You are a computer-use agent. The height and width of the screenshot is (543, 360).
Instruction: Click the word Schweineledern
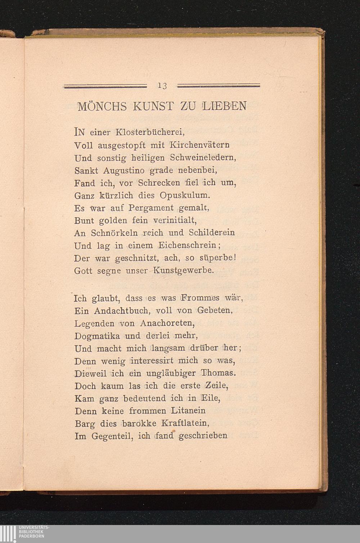(203, 158)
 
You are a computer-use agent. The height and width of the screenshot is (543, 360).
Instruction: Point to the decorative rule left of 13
(105, 86)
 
